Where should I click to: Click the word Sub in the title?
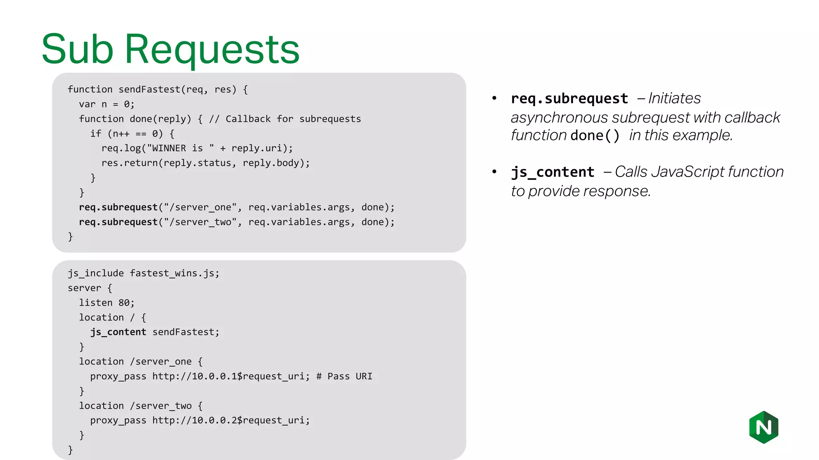[78, 50]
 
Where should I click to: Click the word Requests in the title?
[212, 50]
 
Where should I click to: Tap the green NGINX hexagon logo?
[763, 427]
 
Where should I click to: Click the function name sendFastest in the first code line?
[149, 89]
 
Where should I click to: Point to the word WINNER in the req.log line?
[169, 148]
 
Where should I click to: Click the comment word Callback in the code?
[248, 119]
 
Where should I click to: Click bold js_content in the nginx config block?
[118, 332]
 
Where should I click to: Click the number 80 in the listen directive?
[124, 303]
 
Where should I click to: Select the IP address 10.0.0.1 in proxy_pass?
[214, 376]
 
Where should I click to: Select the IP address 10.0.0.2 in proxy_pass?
[214, 420]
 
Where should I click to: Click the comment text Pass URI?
[350, 376]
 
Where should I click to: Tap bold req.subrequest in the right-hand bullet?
[569, 99]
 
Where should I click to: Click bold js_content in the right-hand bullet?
[553, 172]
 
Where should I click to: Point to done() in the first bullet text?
[595, 136]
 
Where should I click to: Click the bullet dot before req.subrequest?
[494, 98]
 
